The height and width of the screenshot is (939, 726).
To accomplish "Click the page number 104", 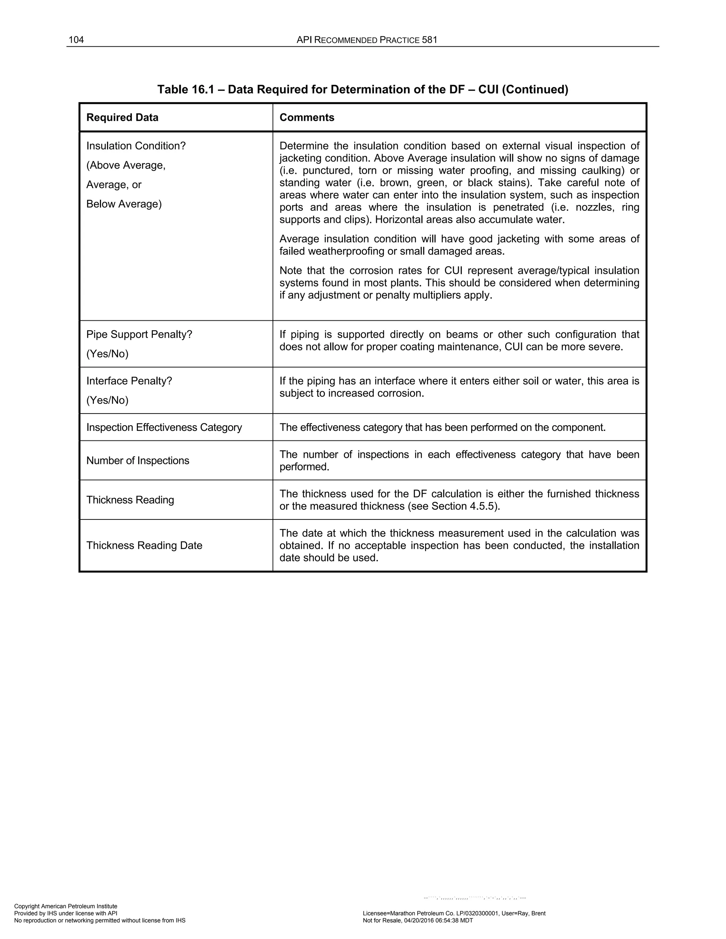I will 76,40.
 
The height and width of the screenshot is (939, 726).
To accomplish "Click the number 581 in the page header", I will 429,40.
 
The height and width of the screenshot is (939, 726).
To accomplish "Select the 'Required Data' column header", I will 122,117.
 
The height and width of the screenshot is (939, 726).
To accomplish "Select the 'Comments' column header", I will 307,117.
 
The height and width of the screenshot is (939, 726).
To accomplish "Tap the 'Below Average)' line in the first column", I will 124,204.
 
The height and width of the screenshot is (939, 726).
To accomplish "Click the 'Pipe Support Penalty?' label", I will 139,334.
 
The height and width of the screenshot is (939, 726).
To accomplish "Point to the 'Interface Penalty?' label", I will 129,381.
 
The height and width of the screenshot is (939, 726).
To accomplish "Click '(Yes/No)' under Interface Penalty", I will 107,400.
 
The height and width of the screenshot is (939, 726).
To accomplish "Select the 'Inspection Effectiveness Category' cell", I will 164,427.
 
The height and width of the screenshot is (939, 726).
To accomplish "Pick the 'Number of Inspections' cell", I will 138,461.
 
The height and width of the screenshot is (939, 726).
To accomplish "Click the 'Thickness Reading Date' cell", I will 144,545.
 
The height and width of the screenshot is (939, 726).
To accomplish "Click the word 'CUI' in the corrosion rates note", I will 453,270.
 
